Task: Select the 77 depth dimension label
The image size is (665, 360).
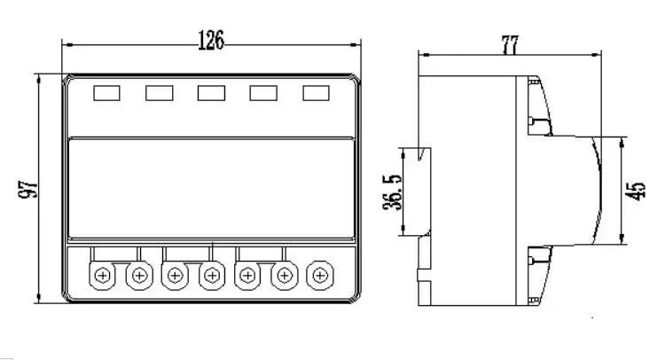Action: pos(510,45)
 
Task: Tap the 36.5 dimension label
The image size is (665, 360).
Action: pos(391,192)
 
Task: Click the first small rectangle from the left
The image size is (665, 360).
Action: pos(106,92)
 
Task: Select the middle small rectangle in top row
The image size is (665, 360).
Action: pos(211,92)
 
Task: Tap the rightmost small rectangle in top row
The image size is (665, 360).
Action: pos(316,92)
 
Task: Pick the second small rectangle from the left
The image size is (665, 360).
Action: pos(159,92)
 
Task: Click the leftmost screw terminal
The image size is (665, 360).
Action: pos(103,276)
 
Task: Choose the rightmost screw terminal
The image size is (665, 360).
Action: pos(317,276)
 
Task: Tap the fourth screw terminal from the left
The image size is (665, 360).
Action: pos(210,276)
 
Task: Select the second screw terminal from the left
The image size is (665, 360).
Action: pos(138,276)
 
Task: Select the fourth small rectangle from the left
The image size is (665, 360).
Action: pos(263,92)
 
